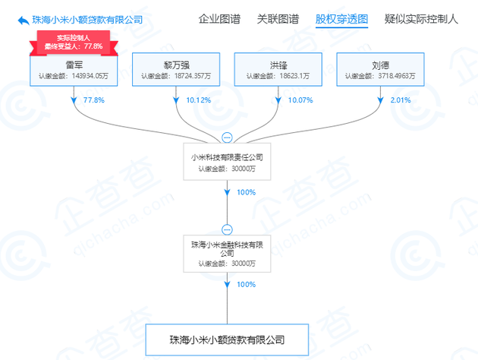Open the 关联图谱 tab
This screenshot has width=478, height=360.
pyautogui.click(x=278, y=19)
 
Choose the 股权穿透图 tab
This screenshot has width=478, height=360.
pyautogui.click(x=341, y=19)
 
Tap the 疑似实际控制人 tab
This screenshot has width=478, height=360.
pyautogui.click(x=421, y=19)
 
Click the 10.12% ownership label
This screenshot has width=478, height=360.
pyautogui.click(x=197, y=100)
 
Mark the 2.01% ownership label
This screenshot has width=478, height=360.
pyautogui.click(x=399, y=100)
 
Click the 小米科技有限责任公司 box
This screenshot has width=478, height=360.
pyautogui.click(x=228, y=162)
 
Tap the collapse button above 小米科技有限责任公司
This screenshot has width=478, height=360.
pyautogui.click(x=227, y=137)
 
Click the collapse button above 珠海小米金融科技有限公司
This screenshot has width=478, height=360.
pyautogui.click(x=227, y=229)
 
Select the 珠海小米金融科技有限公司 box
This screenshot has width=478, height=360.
pyautogui.click(x=228, y=253)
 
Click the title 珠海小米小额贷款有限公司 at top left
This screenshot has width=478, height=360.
pyautogui.click(x=88, y=20)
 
